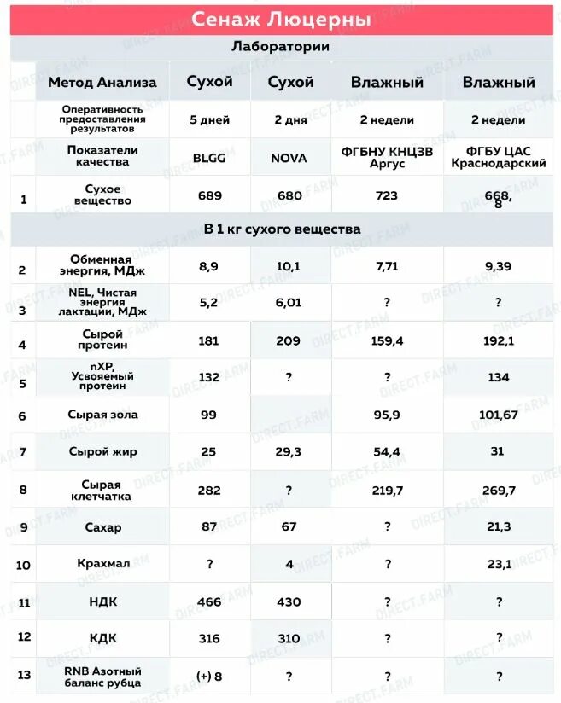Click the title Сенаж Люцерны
280,19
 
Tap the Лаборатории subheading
280,47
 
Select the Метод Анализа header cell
102,83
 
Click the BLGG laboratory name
209,158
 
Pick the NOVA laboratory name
290,158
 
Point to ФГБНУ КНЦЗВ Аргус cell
387,157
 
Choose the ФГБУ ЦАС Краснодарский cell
499,157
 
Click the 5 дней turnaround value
209,120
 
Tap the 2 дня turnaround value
290,120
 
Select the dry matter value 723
387,195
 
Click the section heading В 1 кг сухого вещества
282,229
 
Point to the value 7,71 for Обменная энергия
387,266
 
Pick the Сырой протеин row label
102,340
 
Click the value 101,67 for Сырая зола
499,415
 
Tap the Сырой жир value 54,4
387,452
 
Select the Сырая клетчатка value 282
209,491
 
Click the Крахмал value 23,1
499,564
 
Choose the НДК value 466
209,601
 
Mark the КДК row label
102,637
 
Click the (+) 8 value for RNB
209,676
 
